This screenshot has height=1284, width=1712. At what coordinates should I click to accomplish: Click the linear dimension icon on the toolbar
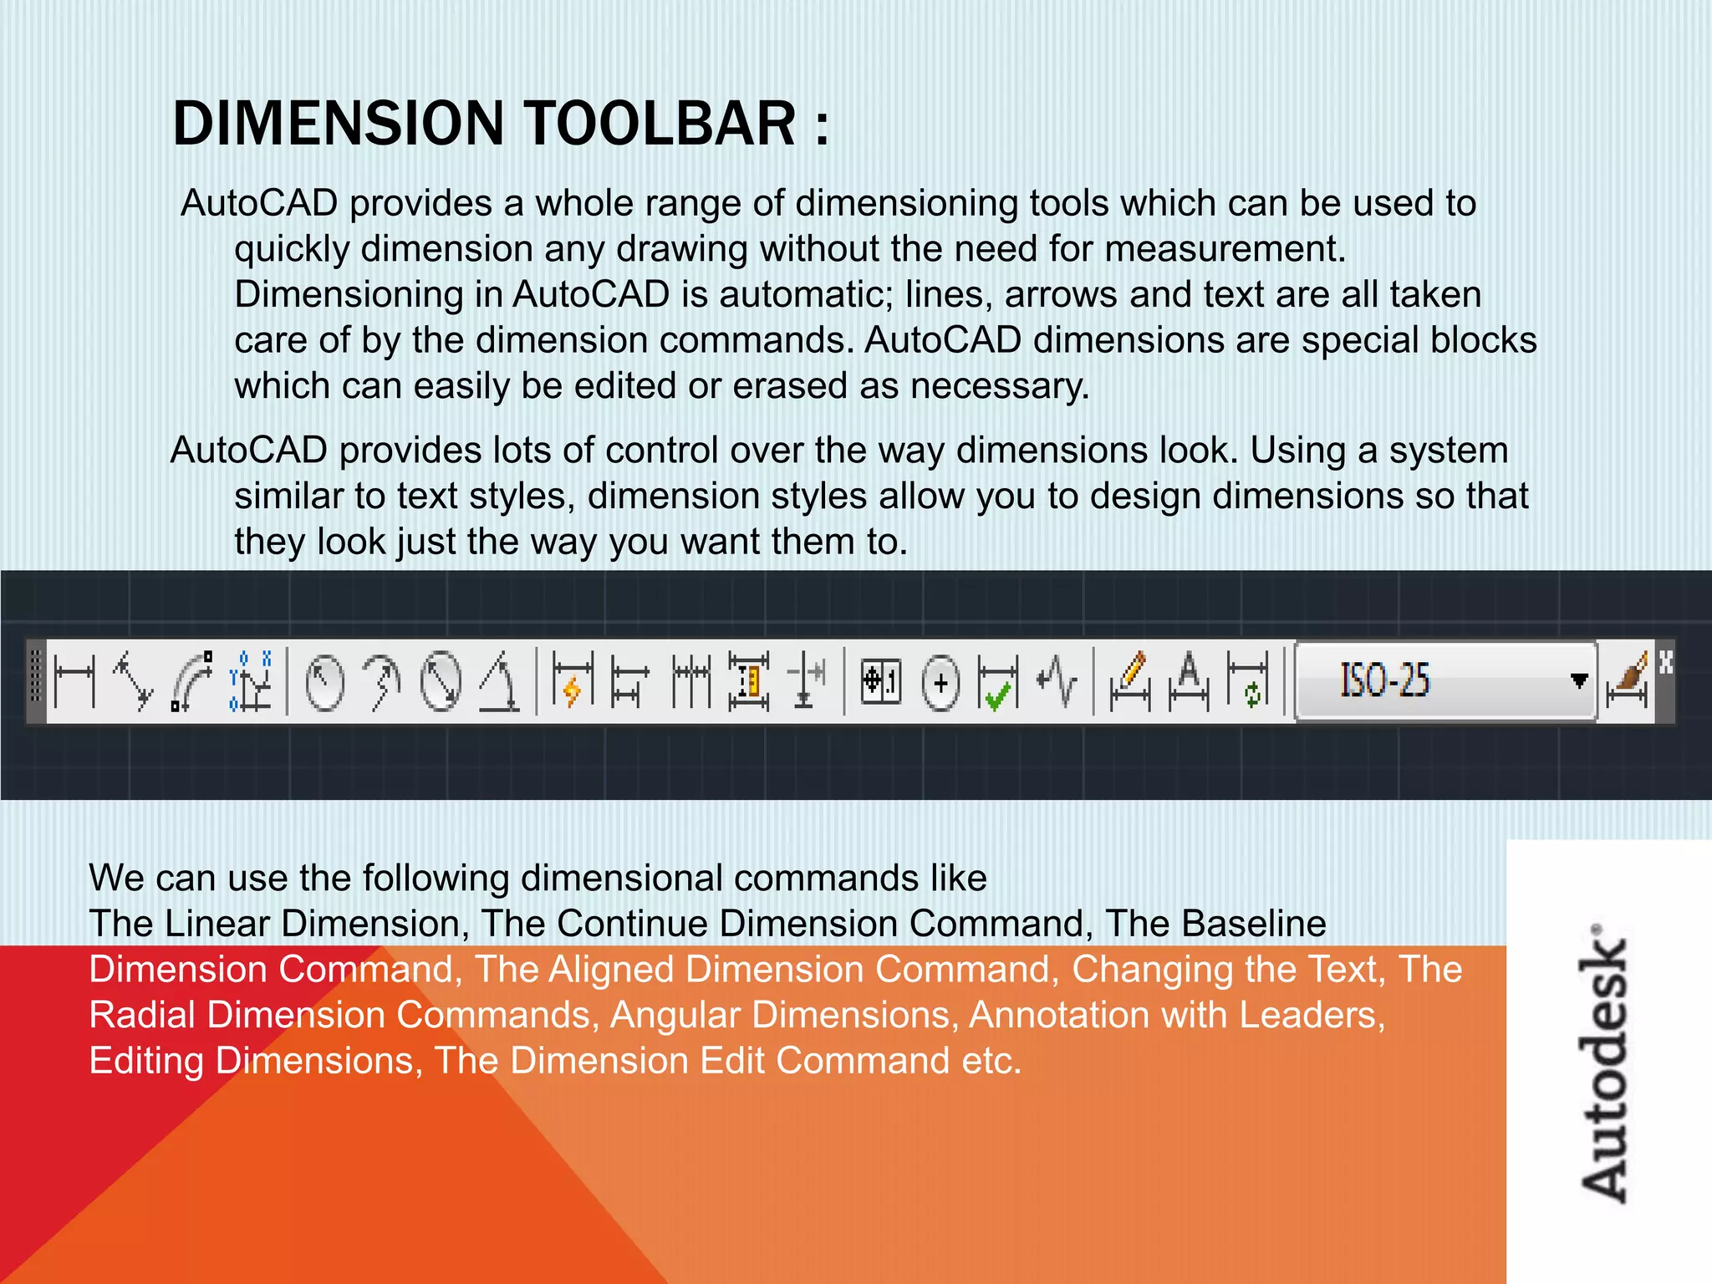(x=74, y=680)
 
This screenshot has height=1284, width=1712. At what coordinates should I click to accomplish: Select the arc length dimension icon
(x=191, y=680)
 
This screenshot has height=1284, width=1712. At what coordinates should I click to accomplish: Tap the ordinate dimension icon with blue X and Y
(x=251, y=680)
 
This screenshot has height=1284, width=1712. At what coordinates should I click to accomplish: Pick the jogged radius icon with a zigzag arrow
(x=382, y=680)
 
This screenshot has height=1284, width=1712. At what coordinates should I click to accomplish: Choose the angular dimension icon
(x=500, y=680)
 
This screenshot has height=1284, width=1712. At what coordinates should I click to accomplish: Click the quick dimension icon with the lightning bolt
(x=573, y=680)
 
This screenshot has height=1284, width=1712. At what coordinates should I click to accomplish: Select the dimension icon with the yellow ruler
(x=748, y=680)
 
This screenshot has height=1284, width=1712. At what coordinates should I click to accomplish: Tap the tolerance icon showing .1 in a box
(x=881, y=680)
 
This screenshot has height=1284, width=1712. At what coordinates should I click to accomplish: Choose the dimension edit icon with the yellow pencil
(x=1129, y=680)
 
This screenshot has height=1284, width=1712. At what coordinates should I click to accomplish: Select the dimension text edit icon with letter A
(x=1188, y=680)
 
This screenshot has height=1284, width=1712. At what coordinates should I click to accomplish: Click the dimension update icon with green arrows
(x=1247, y=680)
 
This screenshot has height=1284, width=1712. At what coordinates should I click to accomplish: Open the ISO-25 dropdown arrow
(x=1578, y=680)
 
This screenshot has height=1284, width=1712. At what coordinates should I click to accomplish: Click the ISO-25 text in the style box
(x=1385, y=680)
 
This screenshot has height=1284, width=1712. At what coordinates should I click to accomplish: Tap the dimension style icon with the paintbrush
(x=1627, y=680)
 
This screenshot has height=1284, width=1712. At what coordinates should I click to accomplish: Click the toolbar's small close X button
(x=1665, y=662)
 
